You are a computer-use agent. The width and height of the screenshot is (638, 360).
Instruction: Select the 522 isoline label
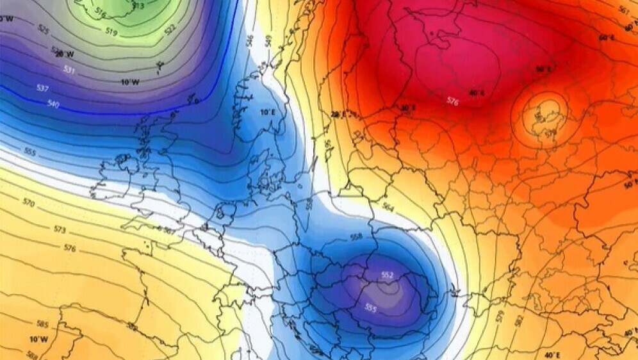point(170,29)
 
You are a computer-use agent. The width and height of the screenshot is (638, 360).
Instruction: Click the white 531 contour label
point(69,69)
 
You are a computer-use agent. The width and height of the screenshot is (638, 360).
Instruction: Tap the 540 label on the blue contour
point(54,104)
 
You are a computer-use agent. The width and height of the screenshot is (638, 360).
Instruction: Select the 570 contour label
point(28,202)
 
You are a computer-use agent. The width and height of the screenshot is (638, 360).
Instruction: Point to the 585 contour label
point(42,324)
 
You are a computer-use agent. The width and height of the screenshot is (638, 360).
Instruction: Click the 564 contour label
point(388,206)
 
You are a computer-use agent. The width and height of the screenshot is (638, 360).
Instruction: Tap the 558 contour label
point(357,237)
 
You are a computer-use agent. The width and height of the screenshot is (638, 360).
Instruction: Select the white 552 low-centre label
point(387,275)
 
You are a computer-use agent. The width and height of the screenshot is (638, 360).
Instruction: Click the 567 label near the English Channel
point(168,230)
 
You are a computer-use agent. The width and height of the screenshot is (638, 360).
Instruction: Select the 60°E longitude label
point(606,38)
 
